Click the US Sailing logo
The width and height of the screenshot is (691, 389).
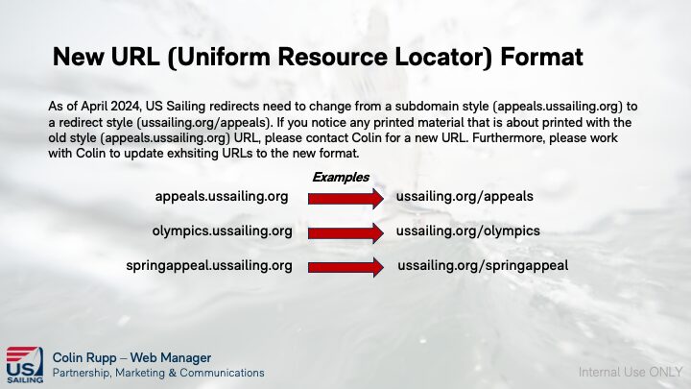click(25, 365)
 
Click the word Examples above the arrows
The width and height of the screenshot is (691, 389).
click(341, 178)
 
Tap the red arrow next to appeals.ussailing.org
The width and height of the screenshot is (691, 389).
click(345, 199)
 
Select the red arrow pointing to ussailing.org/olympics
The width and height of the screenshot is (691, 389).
click(345, 232)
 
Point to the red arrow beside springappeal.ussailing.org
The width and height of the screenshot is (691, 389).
click(345, 267)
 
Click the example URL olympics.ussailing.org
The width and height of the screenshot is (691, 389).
click(222, 231)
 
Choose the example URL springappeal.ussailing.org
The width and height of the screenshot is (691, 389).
click(209, 266)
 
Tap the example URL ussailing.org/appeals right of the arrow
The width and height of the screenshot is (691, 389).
click(465, 197)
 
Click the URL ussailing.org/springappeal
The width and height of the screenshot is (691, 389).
click(483, 266)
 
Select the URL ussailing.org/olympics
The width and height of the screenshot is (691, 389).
click(468, 231)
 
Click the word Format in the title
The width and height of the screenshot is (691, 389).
click(541, 57)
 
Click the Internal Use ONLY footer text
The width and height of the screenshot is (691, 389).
click(631, 373)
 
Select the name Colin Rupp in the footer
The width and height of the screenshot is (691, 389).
click(84, 358)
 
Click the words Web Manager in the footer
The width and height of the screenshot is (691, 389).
click(171, 357)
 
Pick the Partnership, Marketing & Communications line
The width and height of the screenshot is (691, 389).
click(158, 373)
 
